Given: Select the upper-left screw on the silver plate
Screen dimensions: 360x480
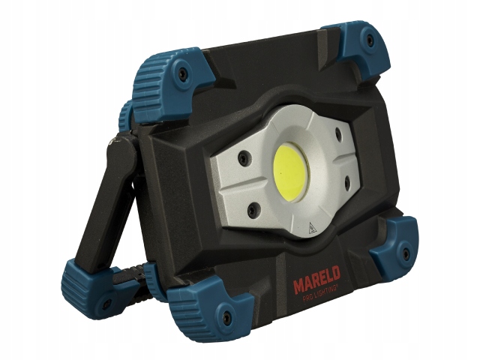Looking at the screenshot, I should (244, 157).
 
